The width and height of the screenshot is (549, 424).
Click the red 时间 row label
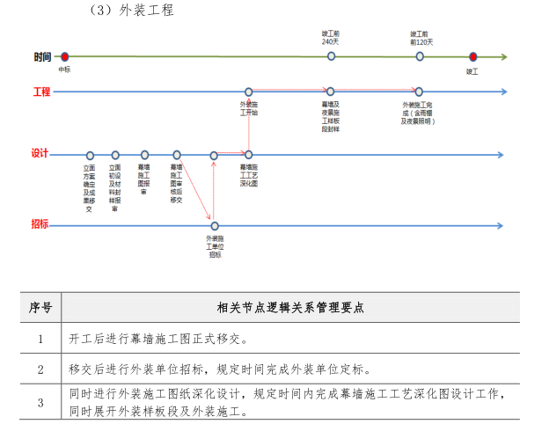tap(42, 57)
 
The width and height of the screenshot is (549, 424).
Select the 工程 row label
tap(41, 91)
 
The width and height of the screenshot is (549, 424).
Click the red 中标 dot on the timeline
tap(64, 56)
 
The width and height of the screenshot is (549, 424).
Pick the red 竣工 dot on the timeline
tap(472, 56)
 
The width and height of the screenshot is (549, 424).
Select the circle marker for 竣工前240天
tap(331, 56)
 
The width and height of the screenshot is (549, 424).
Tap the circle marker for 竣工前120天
tap(420, 56)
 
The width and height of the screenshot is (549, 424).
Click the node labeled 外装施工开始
tap(249, 91)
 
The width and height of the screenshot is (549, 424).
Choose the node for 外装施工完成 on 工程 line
tap(419, 91)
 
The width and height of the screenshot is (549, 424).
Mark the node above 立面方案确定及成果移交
tap(89, 155)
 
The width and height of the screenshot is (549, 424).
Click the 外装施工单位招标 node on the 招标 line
tap(214, 226)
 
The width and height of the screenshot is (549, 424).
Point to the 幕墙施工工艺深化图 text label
tap(249, 175)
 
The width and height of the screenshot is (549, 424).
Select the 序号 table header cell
tap(40, 308)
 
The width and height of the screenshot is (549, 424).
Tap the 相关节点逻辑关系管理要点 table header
tap(290, 308)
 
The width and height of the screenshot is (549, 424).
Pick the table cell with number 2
tap(40, 369)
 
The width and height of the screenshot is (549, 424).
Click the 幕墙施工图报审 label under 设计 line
tap(143, 179)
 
